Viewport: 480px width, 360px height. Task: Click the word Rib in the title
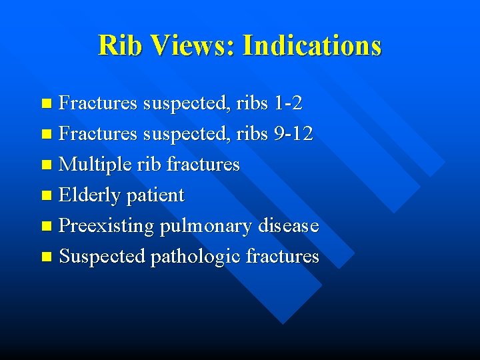coord(121,45)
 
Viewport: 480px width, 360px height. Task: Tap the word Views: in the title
coord(193,45)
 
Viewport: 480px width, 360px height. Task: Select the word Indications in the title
coord(312,45)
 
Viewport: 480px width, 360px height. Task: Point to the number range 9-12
coord(293,134)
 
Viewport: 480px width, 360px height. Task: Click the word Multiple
coord(91,165)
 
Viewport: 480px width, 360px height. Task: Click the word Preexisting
coord(107,226)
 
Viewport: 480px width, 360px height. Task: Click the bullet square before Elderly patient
coord(45,196)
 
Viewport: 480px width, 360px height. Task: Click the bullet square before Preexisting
coord(45,227)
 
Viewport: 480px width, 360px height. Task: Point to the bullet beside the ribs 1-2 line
coord(45,104)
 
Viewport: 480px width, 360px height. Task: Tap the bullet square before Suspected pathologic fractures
coord(45,257)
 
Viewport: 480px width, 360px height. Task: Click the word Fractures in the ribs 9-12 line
coord(98,134)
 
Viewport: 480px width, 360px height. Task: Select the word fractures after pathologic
coord(283,257)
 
